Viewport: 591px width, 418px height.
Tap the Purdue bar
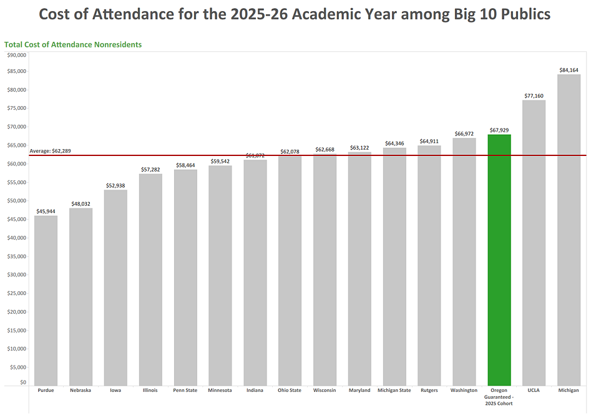tap(46, 300)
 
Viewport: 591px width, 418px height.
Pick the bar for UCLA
tap(534, 243)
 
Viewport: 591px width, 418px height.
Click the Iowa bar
tap(115, 287)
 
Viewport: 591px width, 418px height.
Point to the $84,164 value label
tap(569, 70)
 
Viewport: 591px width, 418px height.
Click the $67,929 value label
tap(499, 130)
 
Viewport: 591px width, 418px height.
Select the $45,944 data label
tap(46, 211)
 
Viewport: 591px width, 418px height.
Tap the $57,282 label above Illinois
tap(150, 169)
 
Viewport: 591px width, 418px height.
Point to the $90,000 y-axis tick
tap(16, 55)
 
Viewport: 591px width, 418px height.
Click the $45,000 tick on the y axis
tap(16, 219)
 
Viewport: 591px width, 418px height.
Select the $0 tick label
tap(22, 382)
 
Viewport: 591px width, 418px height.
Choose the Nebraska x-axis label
tap(81, 391)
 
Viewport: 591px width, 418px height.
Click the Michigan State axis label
tap(394, 391)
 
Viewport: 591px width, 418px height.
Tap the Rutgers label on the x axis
tap(429, 391)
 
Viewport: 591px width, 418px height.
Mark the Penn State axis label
tap(185, 391)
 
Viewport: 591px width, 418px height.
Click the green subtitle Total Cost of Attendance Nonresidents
tap(73, 45)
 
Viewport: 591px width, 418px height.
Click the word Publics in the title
tap(520, 14)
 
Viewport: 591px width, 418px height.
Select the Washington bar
tap(464, 261)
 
